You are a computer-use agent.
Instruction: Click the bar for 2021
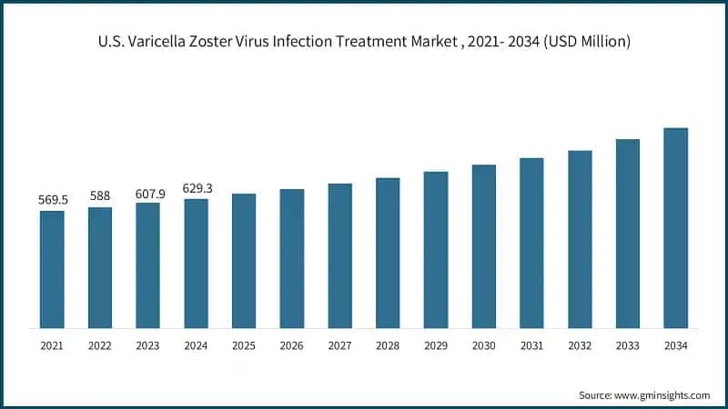click(x=52, y=269)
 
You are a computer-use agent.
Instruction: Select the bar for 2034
click(x=675, y=227)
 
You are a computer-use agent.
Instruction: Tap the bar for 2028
click(x=388, y=253)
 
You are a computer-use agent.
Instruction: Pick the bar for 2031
click(x=531, y=243)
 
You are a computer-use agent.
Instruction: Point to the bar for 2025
click(x=244, y=260)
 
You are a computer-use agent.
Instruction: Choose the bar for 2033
click(x=628, y=233)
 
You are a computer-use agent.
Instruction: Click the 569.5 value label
click(x=52, y=200)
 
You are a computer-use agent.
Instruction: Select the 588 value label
click(x=100, y=195)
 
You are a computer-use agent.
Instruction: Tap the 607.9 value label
click(x=148, y=192)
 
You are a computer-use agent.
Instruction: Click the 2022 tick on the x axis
click(x=100, y=346)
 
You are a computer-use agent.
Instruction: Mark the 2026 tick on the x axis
click(x=291, y=346)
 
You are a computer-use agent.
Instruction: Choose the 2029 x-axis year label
click(x=436, y=346)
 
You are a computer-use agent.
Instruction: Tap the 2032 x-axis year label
click(x=580, y=346)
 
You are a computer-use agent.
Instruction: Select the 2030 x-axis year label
click(x=483, y=346)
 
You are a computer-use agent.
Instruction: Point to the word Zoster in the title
click(x=236, y=42)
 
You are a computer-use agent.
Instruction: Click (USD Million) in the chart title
click(x=582, y=42)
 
